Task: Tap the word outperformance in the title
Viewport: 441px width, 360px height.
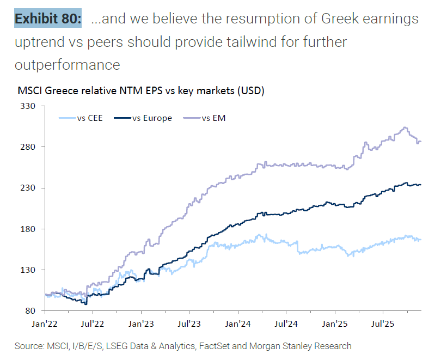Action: tap(68, 64)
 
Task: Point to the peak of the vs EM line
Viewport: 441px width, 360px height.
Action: tap(405, 127)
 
